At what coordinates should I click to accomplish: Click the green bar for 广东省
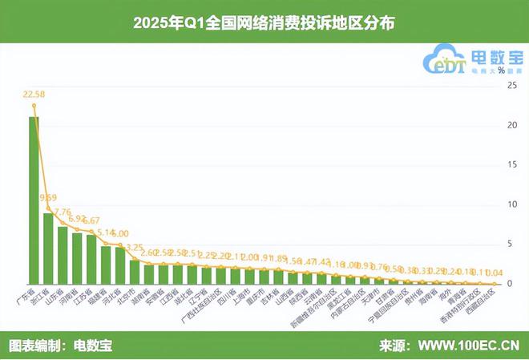(x=34, y=200)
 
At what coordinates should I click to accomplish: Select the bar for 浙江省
(x=48, y=249)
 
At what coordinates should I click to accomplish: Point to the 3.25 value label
(x=135, y=248)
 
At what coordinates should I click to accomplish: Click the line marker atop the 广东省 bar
(x=34, y=105)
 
